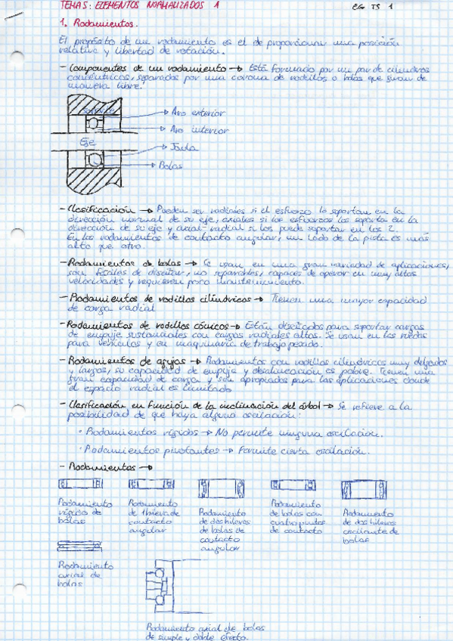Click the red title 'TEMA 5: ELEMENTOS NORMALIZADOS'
click(x=136, y=6)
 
